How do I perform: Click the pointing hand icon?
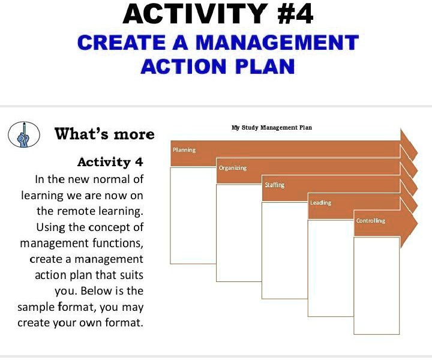coord(23,134)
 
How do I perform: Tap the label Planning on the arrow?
coord(184,149)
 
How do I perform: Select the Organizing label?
coord(232,168)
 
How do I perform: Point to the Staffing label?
coord(274,185)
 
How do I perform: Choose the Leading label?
coord(320,203)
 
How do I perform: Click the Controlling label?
coord(370,221)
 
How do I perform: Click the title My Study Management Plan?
coord(271,127)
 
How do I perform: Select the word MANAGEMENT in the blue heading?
coord(278,43)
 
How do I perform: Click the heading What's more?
coord(104,134)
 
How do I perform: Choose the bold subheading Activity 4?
coord(110,162)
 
